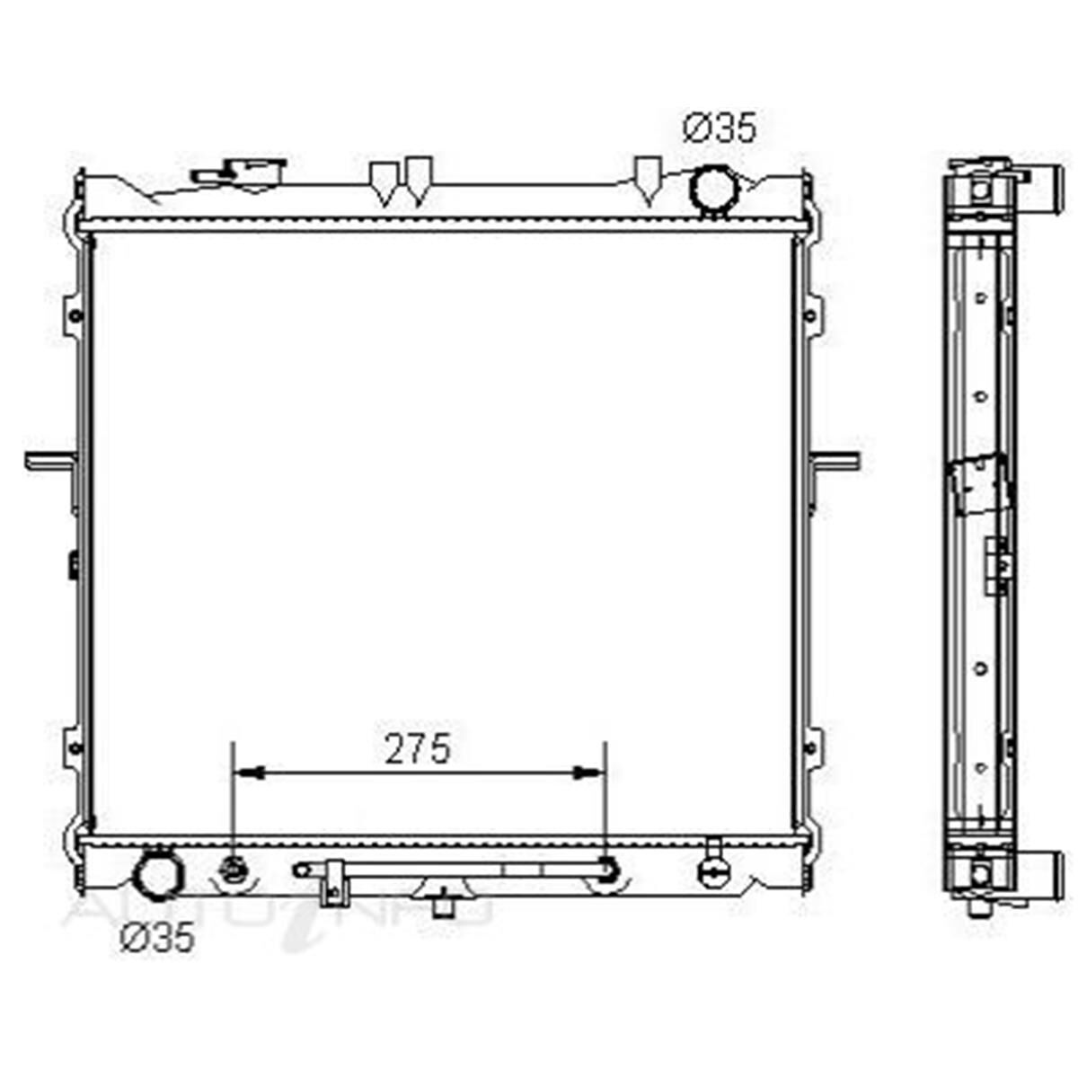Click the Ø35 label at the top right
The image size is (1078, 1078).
click(720, 128)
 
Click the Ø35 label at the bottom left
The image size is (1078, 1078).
click(158, 938)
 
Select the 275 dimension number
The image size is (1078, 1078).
click(418, 749)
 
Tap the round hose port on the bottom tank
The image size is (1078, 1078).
click(157, 877)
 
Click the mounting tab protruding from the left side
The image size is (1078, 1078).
click(49, 461)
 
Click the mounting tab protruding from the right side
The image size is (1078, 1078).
click(835, 461)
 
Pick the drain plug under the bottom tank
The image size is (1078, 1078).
click(442, 904)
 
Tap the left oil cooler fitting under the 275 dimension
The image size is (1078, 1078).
click(234, 870)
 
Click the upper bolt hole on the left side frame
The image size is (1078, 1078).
click(75, 315)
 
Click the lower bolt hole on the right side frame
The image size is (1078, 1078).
click(809, 747)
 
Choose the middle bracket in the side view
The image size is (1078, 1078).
click(979, 485)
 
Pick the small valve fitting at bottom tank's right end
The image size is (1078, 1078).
click(714, 866)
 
